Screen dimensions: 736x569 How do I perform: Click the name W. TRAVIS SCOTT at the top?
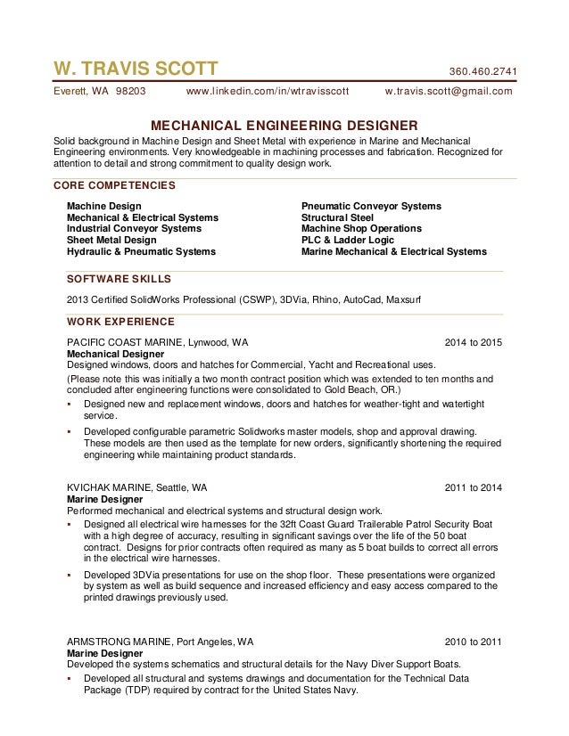[136, 70]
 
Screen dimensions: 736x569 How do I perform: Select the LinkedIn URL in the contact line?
[267, 91]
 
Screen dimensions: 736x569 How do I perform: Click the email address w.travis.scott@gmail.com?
[449, 91]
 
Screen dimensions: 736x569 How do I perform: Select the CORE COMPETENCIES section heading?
[114, 185]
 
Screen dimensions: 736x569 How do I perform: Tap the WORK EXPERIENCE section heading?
[120, 322]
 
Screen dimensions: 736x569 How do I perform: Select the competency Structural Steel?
[337, 217]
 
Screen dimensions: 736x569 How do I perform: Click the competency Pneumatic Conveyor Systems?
[371, 206]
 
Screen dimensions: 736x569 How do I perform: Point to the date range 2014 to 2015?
[474, 342]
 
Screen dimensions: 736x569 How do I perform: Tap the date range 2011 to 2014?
[474, 488]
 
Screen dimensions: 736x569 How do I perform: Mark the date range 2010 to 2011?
[474, 641]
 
